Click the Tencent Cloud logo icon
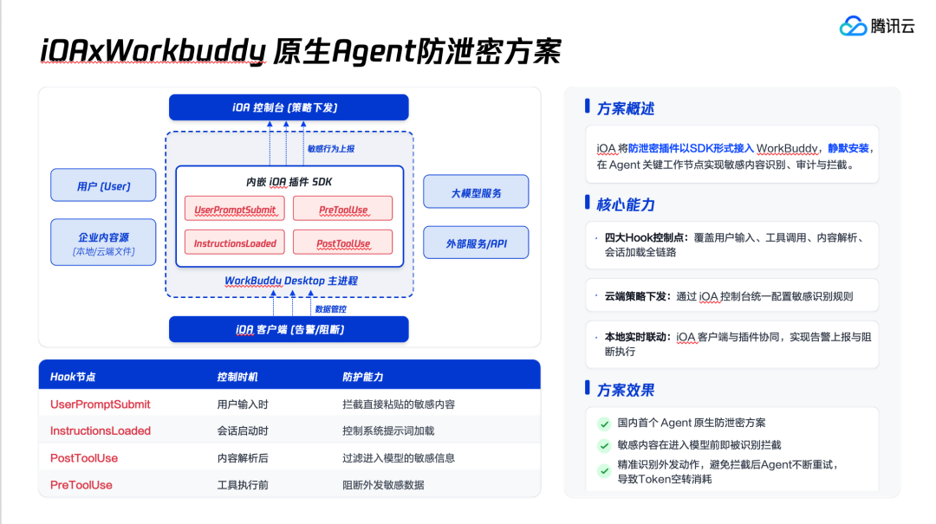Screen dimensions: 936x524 [x=853, y=26]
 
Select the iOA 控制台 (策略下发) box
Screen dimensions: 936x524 [x=289, y=107]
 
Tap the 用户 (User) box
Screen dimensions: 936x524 [x=103, y=185]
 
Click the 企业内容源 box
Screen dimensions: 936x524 [x=103, y=243]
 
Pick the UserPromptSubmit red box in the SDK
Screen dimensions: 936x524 [x=235, y=209]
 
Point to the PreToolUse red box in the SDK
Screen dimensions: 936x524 [x=342, y=209]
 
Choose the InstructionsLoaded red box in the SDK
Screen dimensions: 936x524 [x=235, y=243]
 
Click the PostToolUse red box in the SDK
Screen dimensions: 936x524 [x=342, y=243]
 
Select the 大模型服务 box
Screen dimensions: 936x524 [x=476, y=191]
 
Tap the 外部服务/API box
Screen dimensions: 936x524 [x=476, y=243]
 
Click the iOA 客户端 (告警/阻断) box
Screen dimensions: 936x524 [x=289, y=329]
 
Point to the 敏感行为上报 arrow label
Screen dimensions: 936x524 [x=331, y=149]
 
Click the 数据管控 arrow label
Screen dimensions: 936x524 [x=331, y=309]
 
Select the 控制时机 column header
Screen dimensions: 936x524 [x=237, y=377]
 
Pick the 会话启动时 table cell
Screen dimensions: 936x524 [x=243, y=431]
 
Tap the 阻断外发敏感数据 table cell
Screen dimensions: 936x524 [x=383, y=485]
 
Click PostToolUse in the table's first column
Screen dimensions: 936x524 [x=84, y=458]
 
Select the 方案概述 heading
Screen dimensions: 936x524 [x=626, y=108]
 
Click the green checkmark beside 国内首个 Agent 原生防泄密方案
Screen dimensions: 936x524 [x=604, y=424]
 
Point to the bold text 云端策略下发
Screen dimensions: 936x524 [x=635, y=296]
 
